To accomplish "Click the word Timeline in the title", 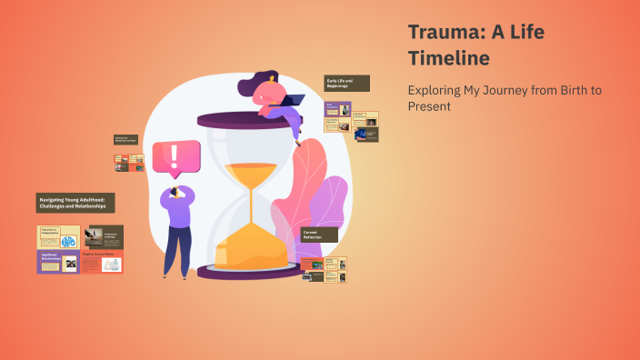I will click(x=448, y=58).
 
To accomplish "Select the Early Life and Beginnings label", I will click(x=346, y=84).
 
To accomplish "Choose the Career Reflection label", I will click(x=319, y=235).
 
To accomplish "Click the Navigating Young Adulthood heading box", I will click(x=75, y=203).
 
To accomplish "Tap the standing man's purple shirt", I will click(x=177, y=215).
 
